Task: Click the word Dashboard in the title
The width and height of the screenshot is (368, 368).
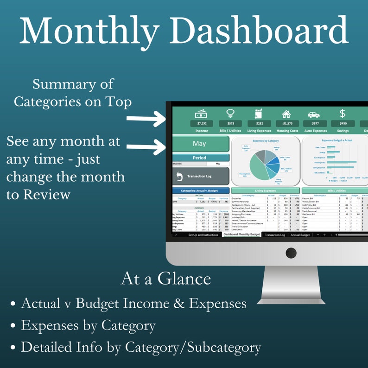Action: (261, 31)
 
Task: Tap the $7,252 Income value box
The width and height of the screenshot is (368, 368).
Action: (202, 124)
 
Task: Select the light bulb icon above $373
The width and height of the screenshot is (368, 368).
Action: (230, 114)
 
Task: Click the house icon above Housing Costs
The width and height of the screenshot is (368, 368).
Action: (286, 114)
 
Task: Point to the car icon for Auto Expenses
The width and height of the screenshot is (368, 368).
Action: (314, 114)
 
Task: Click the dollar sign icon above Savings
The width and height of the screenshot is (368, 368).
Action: (343, 114)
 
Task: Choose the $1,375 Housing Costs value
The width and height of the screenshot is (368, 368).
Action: (286, 124)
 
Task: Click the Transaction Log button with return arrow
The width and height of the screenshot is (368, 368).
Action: (200, 177)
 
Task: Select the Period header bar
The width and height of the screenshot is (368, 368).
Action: (200, 158)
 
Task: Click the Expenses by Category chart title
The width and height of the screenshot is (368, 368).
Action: (266, 140)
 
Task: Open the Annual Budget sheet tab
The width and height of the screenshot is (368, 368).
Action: (300, 235)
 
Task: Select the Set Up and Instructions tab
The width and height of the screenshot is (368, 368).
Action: (203, 235)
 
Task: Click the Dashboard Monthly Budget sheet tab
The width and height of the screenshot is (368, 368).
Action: (241, 235)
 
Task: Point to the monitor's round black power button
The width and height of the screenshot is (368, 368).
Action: (291, 253)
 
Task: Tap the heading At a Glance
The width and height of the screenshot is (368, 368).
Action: (165, 279)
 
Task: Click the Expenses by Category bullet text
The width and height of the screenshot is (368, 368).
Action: (88, 325)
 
